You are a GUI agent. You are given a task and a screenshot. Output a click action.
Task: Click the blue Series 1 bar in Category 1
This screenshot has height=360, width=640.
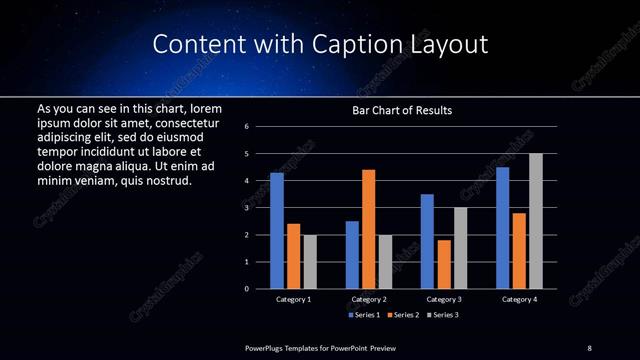(277, 231)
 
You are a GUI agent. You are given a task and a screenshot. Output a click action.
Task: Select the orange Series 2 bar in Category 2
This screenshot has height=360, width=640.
(368, 229)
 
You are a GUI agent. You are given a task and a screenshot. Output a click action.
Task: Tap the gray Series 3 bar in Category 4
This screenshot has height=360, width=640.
(535, 221)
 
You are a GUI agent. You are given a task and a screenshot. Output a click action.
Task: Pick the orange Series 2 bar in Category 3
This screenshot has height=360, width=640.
(444, 264)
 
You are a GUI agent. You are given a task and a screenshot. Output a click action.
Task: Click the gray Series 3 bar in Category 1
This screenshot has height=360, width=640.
(310, 262)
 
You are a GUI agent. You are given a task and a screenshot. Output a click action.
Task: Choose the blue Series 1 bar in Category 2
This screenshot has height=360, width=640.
(352, 255)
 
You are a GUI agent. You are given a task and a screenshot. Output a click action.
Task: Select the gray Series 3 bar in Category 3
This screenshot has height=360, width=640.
(460, 248)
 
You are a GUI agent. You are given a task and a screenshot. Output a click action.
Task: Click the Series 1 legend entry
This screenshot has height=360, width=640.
(362, 315)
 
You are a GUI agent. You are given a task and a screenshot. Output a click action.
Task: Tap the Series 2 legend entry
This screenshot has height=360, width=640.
(401, 315)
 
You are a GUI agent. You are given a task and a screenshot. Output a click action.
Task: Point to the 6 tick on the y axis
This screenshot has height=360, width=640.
(246, 127)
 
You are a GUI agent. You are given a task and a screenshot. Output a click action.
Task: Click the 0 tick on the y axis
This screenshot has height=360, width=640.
(246, 289)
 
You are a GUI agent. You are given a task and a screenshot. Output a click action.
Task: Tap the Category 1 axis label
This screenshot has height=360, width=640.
(293, 299)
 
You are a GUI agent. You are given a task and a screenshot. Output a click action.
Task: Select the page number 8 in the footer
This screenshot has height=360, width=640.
(589, 347)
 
